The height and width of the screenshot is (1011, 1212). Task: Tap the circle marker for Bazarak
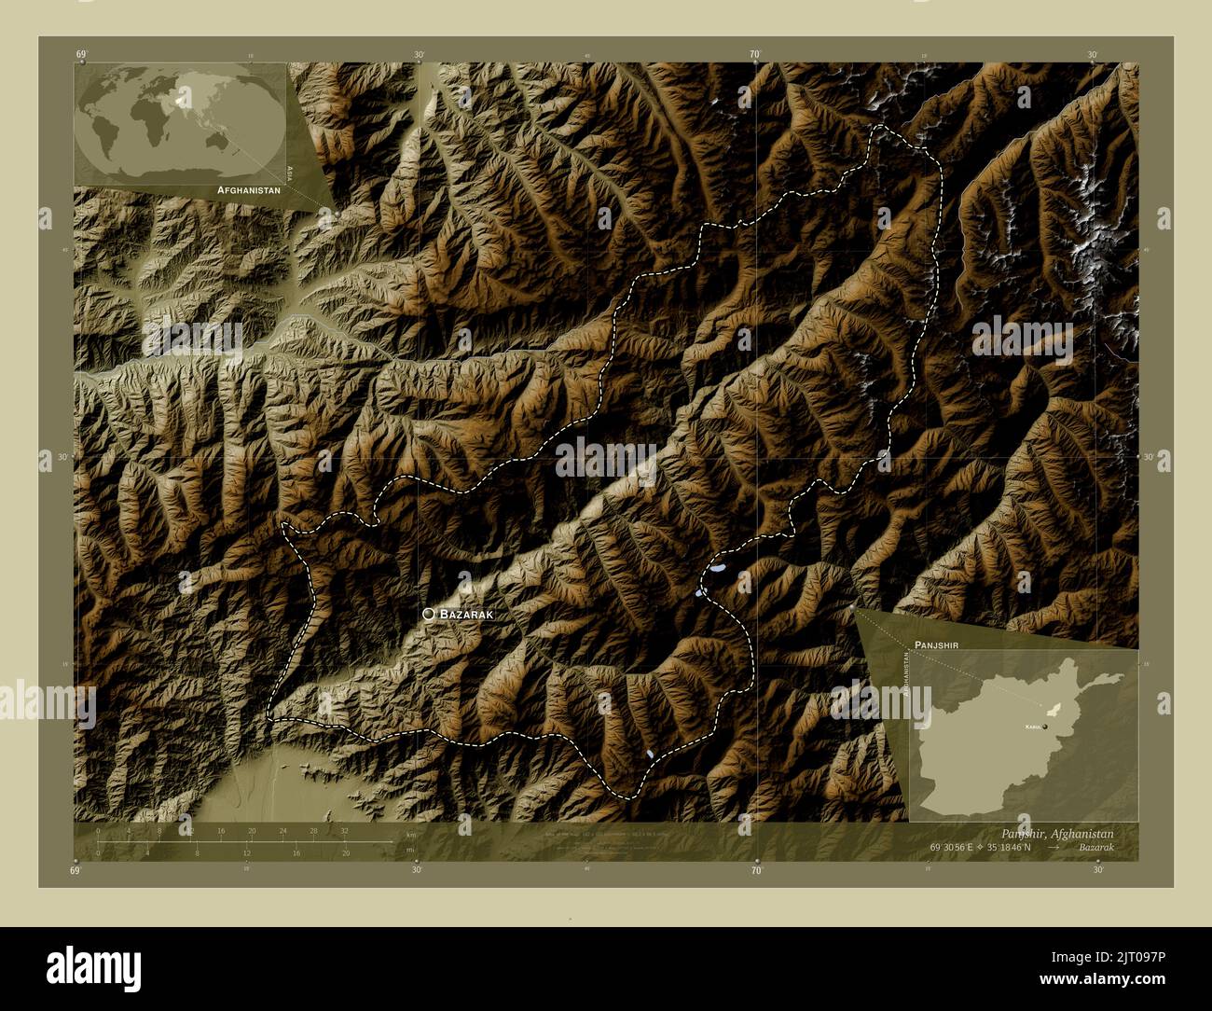(x=428, y=614)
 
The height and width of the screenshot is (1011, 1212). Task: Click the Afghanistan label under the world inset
(x=248, y=189)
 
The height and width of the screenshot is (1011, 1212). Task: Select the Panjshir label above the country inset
(x=937, y=644)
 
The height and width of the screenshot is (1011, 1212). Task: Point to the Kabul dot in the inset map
(x=1046, y=726)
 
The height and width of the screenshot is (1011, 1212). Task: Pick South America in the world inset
(x=100, y=140)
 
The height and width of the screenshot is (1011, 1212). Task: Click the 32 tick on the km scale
(x=344, y=830)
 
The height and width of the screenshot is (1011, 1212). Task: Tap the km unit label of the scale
(x=410, y=834)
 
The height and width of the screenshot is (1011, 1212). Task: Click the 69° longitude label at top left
(x=81, y=55)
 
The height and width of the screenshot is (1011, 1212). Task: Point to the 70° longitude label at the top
(x=755, y=55)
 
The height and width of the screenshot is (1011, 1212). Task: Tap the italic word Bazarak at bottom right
(x=1093, y=848)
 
